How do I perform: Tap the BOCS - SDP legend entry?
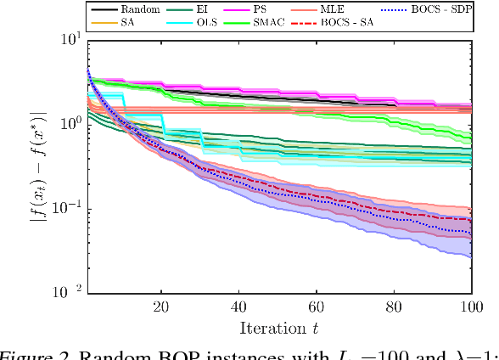click(x=446, y=8)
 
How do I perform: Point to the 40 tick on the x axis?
click(x=238, y=306)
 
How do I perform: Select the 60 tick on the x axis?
click(x=317, y=306)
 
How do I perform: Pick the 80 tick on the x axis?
click(x=395, y=306)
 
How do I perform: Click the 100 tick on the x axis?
click(x=471, y=306)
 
